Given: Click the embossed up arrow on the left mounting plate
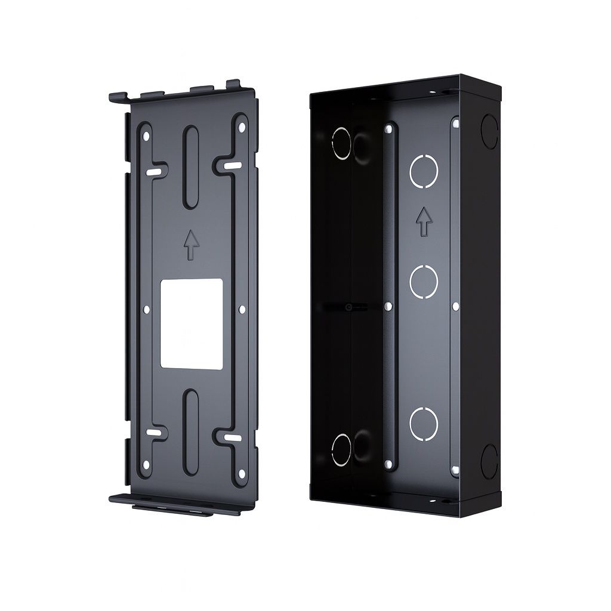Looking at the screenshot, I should coord(191,245).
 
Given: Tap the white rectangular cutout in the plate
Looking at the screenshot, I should coord(192,323).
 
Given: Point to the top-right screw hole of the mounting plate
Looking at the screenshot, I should coord(241,128).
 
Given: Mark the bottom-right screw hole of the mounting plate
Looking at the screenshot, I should coord(241,476).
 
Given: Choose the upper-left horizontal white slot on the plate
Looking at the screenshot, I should coord(154,172).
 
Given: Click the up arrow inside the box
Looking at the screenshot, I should coord(424,221).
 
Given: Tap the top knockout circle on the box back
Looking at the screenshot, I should coord(424,170).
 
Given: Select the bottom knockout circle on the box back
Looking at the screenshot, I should coord(424,424).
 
